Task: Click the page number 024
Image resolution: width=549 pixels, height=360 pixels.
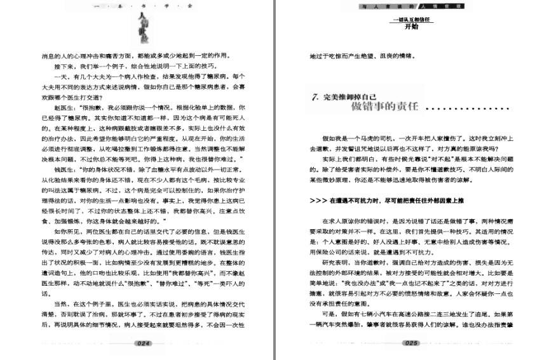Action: tap(142, 343)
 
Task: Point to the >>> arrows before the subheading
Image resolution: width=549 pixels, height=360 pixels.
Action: tap(318, 199)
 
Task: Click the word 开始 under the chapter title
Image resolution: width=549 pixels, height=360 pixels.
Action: tap(412, 27)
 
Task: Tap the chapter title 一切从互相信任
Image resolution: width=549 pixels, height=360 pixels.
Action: tap(412, 20)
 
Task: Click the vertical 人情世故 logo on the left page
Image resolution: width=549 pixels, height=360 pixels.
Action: tap(146, 25)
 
